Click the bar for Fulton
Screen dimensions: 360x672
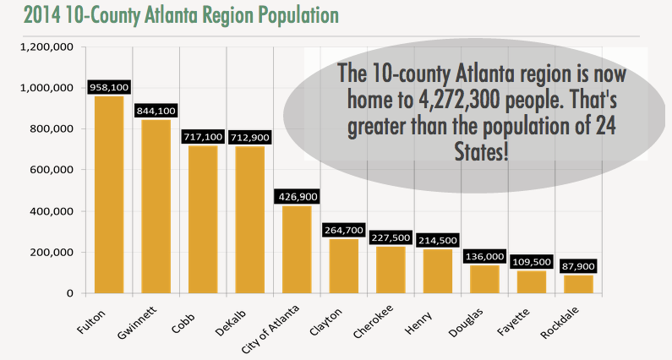coord(109,194)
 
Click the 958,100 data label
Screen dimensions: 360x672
coord(109,87)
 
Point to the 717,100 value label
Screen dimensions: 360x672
coord(203,136)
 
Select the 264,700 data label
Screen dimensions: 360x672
coord(344,230)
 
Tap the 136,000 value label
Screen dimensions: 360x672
coord(485,256)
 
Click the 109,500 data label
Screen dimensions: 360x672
coord(532,262)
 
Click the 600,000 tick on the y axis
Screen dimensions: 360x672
coord(57,170)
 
